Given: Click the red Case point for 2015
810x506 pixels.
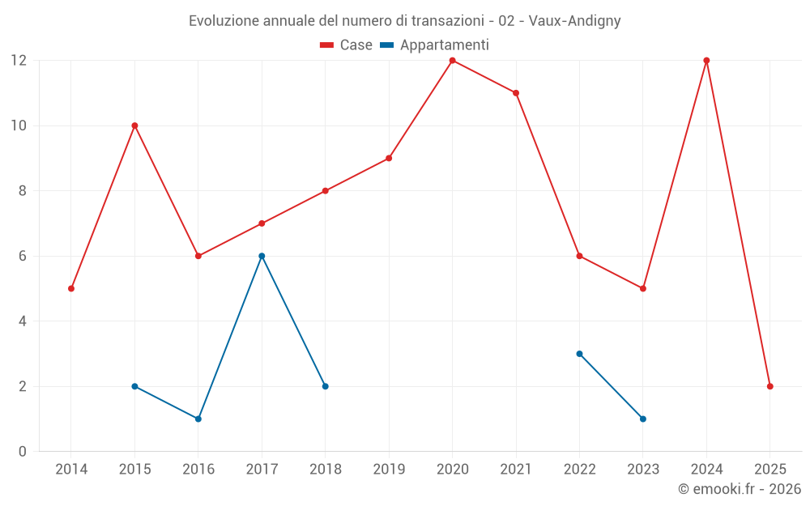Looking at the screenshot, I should (x=134, y=125).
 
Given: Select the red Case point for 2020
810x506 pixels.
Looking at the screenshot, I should (x=452, y=60).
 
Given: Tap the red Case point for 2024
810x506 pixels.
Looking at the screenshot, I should (x=706, y=60).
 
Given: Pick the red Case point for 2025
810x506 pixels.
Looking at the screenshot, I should (x=770, y=386).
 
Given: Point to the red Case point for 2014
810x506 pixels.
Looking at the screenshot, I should (x=71, y=288).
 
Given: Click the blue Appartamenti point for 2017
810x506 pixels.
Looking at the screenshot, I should (x=262, y=256).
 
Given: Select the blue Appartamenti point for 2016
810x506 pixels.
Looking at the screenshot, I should (x=198, y=419).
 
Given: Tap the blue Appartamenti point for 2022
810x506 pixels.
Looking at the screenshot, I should (x=579, y=354).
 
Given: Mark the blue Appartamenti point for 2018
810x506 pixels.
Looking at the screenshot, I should (x=325, y=386).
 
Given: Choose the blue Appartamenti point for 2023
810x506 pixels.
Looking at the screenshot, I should (x=643, y=419).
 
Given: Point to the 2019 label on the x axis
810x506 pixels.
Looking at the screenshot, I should (x=389, y=469).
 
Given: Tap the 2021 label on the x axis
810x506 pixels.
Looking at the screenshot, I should (x=516, y=469).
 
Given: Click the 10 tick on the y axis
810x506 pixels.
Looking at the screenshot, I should (x=18, y=125).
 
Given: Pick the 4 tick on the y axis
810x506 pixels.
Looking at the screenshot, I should (x=22, y=321).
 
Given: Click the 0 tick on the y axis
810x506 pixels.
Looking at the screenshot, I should (x=22, y=452).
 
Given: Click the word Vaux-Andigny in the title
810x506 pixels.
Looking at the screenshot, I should (x=574, y=20).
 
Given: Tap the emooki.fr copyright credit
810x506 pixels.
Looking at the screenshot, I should (x=740, y=489).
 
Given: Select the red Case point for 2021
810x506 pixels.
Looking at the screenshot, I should (x=516, y=93).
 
